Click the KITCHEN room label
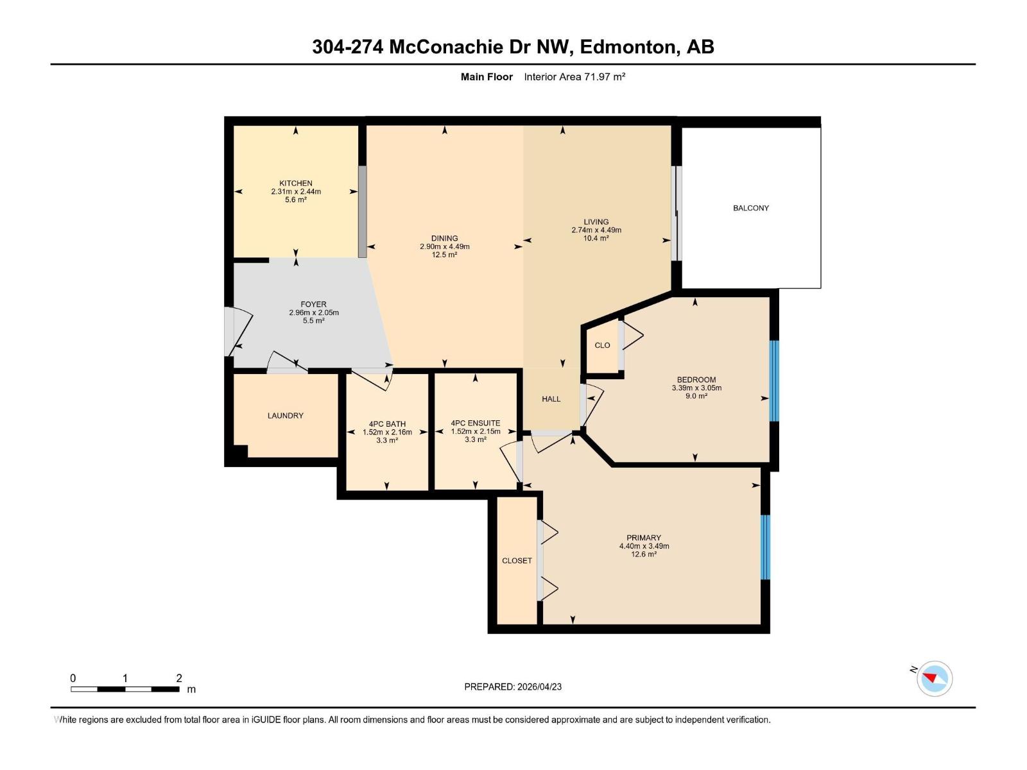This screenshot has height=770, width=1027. click(x=295, y=183)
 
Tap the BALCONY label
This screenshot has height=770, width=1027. click(x=750, y=208)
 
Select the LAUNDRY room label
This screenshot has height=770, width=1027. click(x=285, y=416)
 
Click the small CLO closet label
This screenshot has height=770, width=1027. click(x=602, y=345)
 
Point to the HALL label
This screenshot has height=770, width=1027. click(x=551, y=399)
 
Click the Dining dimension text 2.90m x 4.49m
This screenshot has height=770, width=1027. click(x=444, y=246)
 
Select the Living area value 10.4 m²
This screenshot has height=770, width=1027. click(x=596, y=238)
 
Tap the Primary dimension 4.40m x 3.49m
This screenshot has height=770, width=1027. click(x=644, y=546)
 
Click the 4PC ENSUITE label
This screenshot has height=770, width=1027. click(x=475, y=424)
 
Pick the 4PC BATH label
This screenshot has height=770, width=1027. click(x=387, y=424)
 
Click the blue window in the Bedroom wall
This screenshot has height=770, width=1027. click(x=773, y=381)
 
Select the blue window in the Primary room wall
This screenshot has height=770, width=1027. click(x=764, y=547)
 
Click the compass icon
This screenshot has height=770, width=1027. click(x=934, y=678)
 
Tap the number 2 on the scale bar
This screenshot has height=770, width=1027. click(x=179, y=678)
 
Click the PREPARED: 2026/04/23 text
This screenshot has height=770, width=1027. click(x=512, y=687)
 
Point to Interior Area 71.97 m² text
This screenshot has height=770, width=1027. click(x=574, y=77)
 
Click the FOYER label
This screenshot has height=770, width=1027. click(x=313, y=304)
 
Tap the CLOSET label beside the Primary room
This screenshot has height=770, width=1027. click(x=517, y=561)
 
